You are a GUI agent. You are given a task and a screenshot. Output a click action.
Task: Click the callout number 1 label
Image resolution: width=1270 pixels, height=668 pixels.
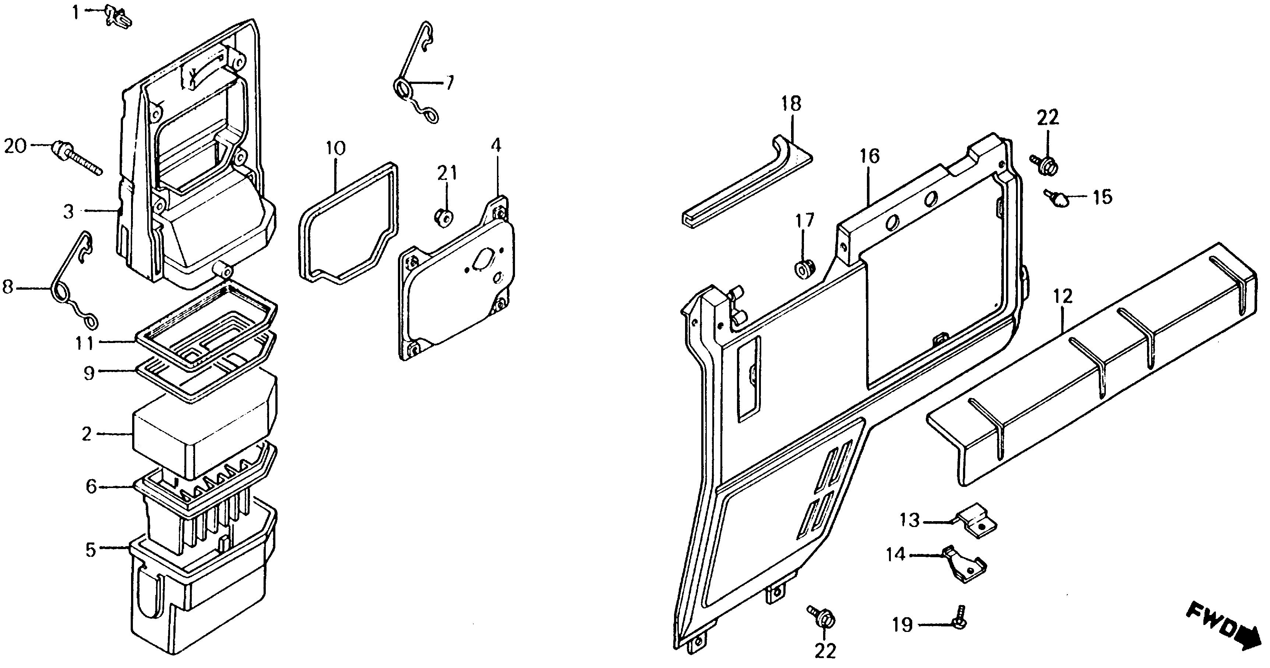coord(75,12)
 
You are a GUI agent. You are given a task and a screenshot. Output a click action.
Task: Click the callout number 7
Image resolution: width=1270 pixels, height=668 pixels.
coord(449,83)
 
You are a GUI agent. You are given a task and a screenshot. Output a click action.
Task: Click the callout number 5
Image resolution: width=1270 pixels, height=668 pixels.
coord(90,550)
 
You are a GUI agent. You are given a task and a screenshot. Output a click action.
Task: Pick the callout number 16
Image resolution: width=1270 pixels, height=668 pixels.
coord(869,157)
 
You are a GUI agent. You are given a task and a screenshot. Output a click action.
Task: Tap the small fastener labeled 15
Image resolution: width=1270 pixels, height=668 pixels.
coord(1056,199)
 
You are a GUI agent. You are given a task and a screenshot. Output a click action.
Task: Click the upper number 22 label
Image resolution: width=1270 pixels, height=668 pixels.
coord(1048,118)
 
